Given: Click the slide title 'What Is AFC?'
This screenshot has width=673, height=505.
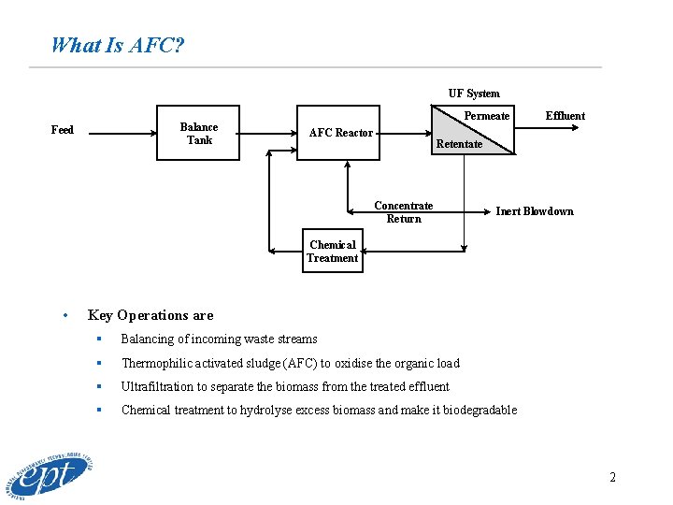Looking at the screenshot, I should (117, 45).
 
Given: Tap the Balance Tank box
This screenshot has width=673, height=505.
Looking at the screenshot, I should (198, 134).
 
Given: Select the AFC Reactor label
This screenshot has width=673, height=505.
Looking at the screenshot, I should (341, 133).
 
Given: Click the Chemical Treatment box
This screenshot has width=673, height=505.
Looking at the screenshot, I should (333, 252).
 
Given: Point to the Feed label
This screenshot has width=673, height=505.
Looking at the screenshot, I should (63, 129).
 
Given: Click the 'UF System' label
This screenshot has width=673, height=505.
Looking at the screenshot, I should (474, 94).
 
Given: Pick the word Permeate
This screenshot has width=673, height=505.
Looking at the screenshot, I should (487, 116).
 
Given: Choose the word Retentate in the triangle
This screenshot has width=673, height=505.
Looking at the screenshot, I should (459, 144).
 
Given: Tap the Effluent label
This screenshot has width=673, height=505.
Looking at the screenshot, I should (566, 116).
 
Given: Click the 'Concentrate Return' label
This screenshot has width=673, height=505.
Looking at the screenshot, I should (404, 212).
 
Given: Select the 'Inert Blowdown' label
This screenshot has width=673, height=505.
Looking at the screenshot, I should (534, 211).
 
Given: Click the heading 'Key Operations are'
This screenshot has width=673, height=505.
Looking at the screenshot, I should (150, 315).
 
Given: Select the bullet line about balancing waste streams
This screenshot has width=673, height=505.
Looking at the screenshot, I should (219, 339).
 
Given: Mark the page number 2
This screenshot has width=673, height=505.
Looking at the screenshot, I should (612, 477).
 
